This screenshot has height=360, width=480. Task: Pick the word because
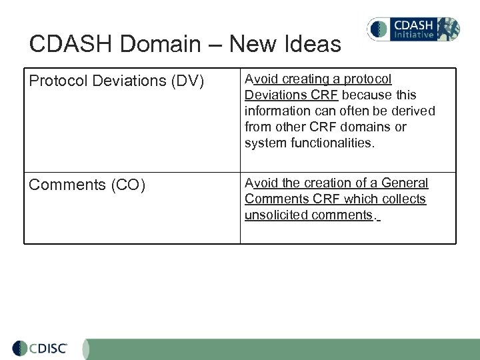(x=368, y=95)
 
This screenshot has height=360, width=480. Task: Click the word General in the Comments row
(x=405, y=183)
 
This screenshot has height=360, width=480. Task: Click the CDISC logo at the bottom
(x=41, y=349)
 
